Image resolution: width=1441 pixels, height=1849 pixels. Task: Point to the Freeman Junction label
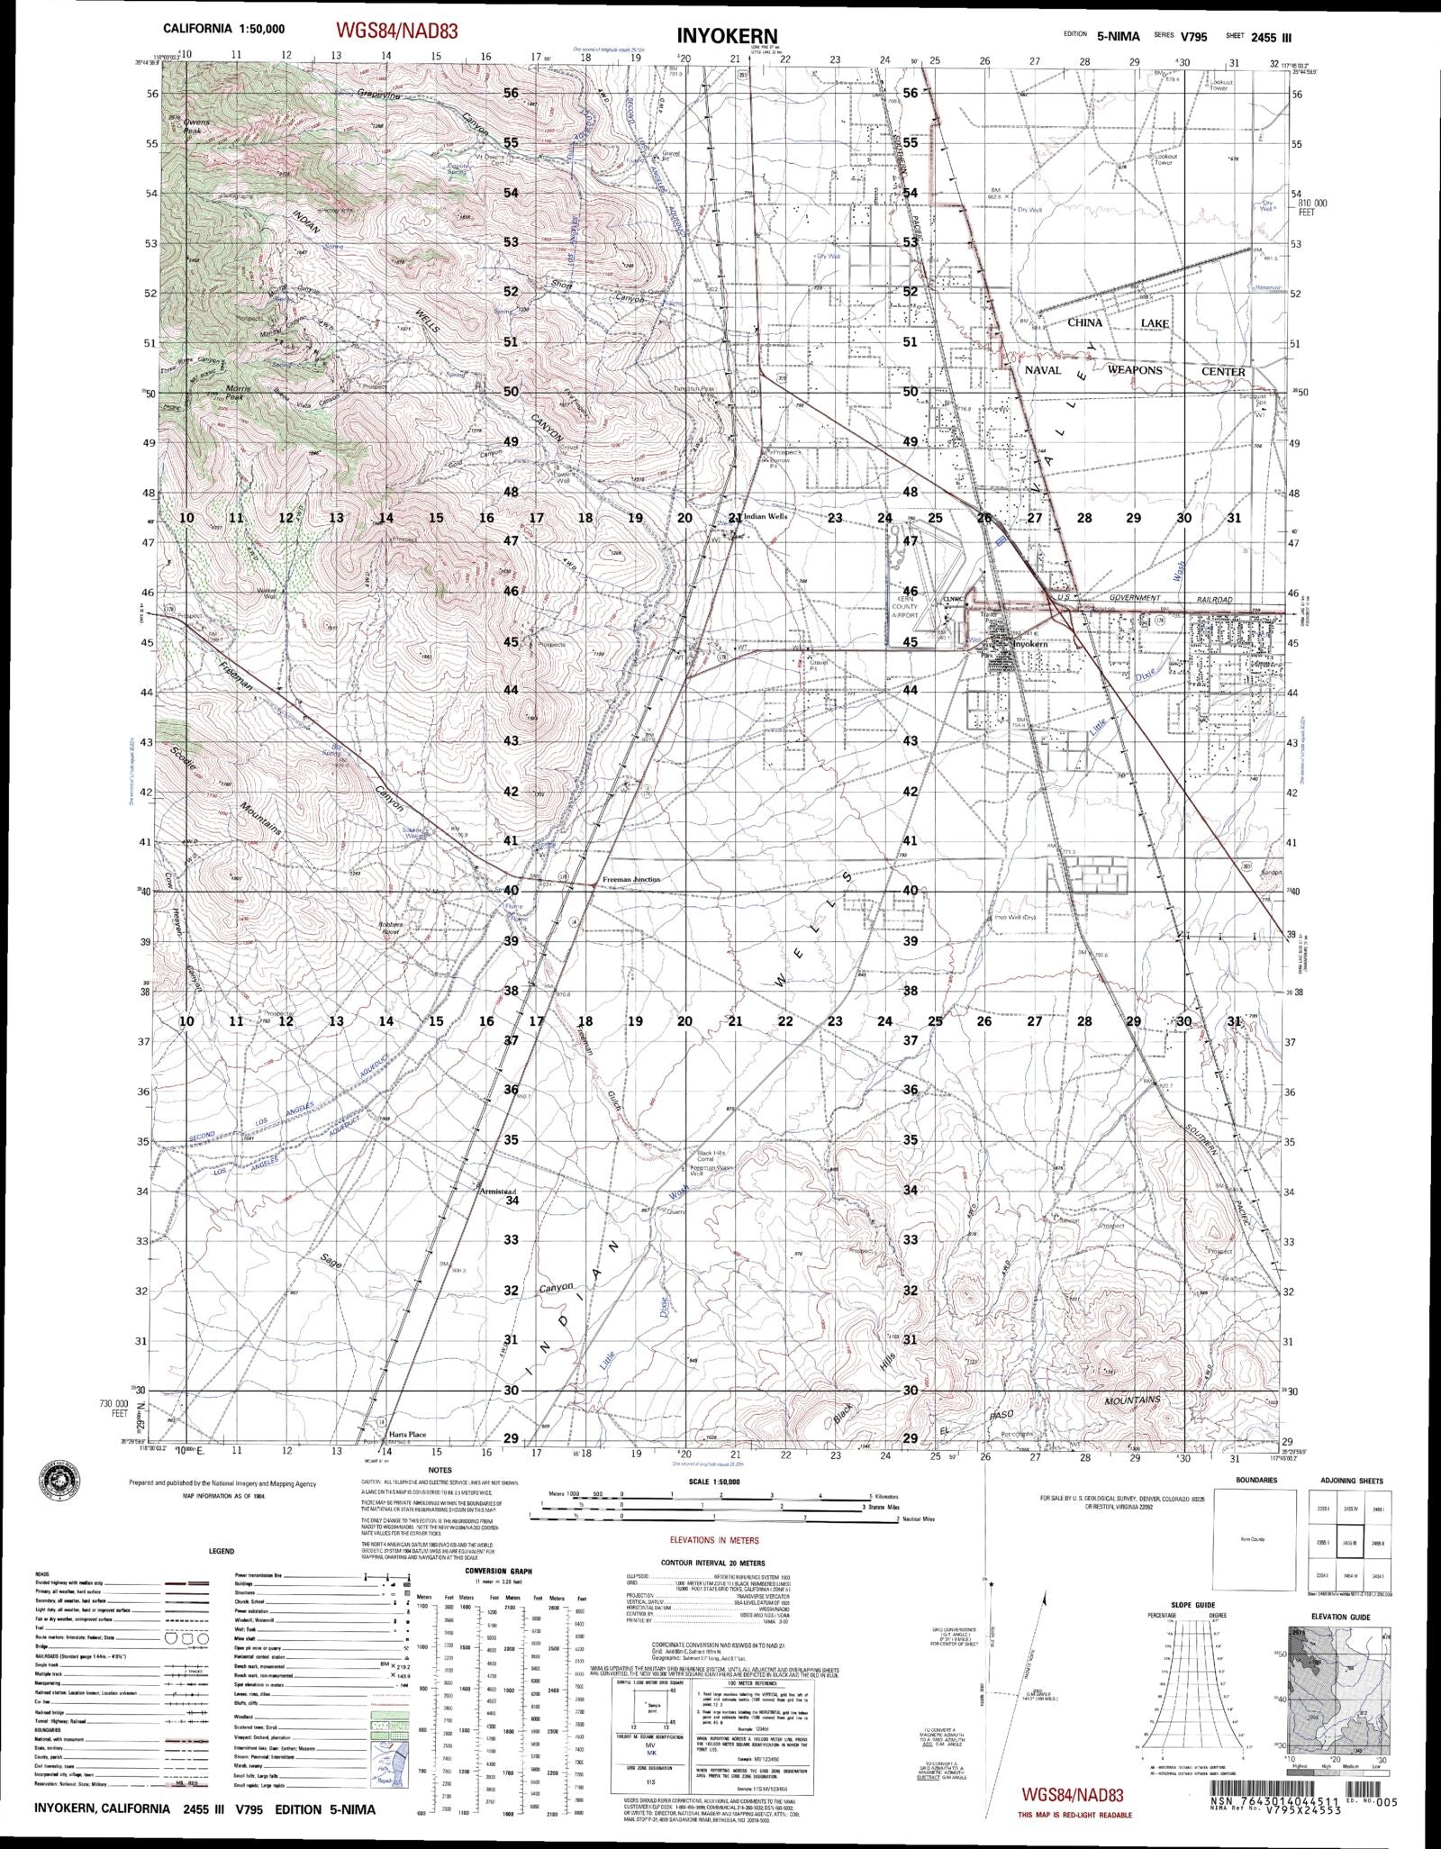[630, 880]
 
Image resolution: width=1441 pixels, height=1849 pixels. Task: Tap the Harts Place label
[407, 1460]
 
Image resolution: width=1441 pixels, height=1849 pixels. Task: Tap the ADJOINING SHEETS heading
[1352, 1481]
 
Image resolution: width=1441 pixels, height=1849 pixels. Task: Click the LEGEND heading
[221, 1552]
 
